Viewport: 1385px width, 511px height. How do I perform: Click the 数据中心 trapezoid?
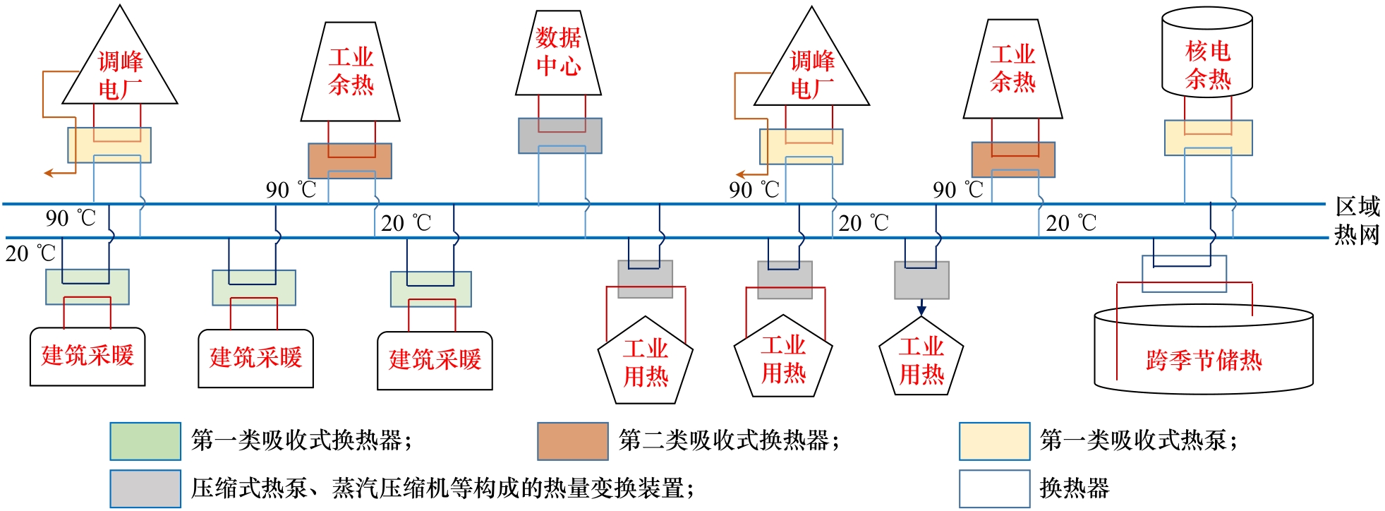(558, 52)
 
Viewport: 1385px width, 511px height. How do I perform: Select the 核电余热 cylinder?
(1207, 56)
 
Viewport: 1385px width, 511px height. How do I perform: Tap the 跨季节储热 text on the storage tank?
(1204, 360)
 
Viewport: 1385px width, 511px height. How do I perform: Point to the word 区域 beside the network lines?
(1357, 206)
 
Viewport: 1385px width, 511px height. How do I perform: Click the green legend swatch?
(145, 441)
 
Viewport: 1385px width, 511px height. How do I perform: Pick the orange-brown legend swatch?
(572, 441)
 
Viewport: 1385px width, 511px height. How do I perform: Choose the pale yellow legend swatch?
(994, 441)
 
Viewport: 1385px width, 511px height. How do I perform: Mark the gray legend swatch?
(145, 488)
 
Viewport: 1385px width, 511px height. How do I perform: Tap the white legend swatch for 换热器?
(994, 488)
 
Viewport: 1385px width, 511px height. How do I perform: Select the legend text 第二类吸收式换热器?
(728, 440)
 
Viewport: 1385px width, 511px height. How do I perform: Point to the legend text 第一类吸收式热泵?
(1137, 440)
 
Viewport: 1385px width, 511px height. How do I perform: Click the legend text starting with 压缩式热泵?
(442, 488)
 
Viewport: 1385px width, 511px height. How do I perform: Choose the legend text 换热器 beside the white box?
(1074, 488)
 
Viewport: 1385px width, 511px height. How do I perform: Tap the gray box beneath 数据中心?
(560, 136)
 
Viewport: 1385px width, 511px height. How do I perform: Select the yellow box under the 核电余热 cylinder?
(1208, 138)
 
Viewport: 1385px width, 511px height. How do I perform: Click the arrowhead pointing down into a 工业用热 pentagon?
(921, 310)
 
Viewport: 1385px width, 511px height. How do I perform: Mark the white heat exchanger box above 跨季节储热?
(1184, 274)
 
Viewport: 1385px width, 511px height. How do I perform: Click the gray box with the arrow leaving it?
(921, 281)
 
